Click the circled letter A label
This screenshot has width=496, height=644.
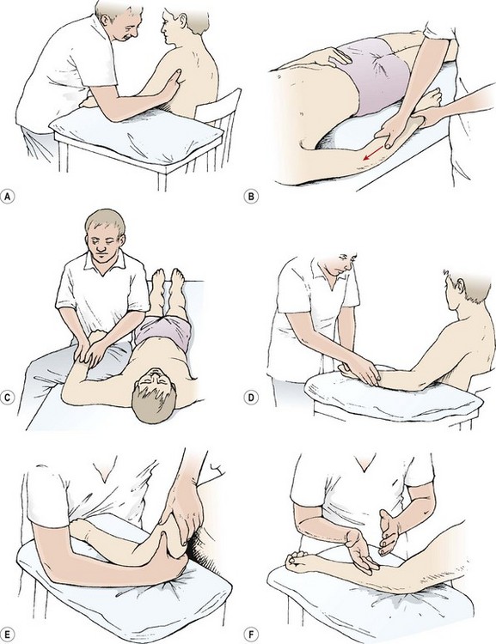click(x=7, y=197)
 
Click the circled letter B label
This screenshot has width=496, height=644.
click(x=251, y=197)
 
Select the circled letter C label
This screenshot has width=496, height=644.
click(x=7, y=398)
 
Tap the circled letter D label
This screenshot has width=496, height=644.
click(x=251, y=398)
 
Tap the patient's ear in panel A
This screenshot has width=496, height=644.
click(x=182, y=19)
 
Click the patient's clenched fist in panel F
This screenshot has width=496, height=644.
click(x=298, y=561)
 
